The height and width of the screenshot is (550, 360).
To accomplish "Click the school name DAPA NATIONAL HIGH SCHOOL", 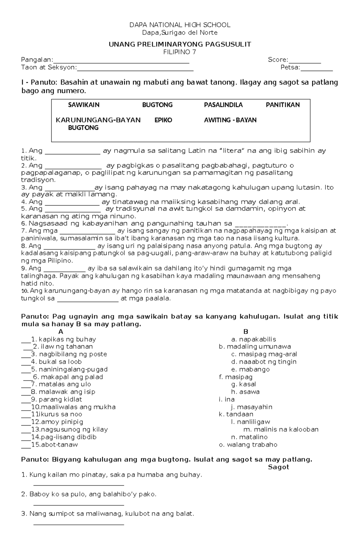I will pos(180,25).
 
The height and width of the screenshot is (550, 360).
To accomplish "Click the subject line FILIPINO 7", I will pos(180,52).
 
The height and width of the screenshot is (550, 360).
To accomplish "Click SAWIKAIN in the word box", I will pos(83,105).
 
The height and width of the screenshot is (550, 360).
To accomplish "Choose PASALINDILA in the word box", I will pos(223,105).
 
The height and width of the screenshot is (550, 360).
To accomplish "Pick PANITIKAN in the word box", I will pos(283,105).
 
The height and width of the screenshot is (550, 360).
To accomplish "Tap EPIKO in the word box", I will pos(163,120).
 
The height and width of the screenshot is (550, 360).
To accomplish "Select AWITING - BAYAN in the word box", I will pos(230,120).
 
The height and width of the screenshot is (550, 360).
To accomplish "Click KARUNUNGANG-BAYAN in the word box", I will pos(98,120).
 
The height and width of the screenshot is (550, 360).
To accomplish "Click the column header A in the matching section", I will pos(61,332).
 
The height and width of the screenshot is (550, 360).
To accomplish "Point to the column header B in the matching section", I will pos(246,332).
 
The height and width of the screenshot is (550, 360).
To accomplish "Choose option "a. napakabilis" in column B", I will pos(253,339).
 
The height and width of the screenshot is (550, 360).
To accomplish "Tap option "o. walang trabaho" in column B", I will pos(248,444).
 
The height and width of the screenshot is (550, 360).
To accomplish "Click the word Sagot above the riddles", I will pos(278,467).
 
